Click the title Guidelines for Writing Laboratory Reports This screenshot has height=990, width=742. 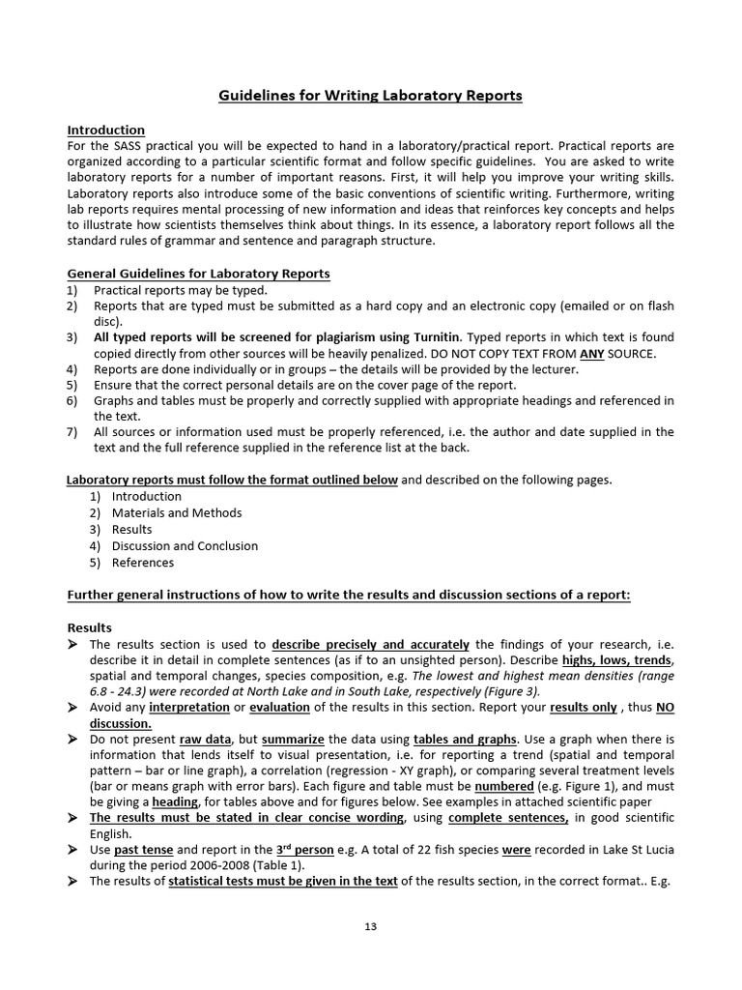click(370, 96)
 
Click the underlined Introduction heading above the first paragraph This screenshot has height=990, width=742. click(105, 130)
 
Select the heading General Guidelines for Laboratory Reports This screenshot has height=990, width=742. click(198, 274)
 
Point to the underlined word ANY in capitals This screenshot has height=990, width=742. click(591, 353)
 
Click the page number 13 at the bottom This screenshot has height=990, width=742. click(370, 926)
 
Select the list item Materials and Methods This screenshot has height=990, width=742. click(177, 512)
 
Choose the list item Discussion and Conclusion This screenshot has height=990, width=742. click(185, 545)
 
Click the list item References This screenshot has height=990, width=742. click(143, 562)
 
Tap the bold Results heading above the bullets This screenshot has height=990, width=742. click(89, 627)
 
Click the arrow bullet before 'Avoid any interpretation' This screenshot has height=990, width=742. click(72, 708)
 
